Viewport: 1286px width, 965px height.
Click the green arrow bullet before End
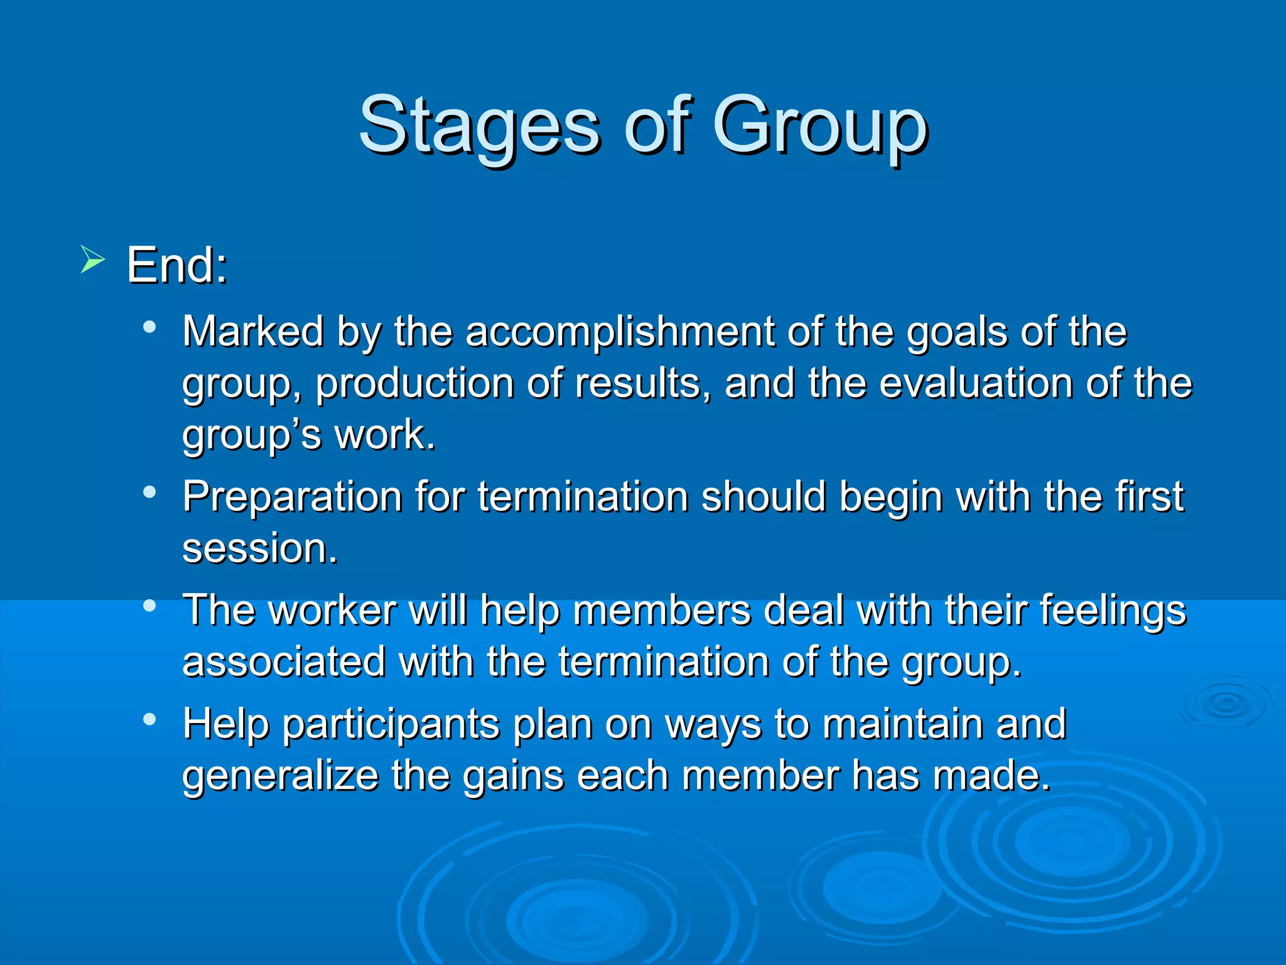click(92, 259)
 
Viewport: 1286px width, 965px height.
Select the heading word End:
click(177, 265)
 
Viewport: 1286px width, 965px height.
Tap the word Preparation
click(292, 496)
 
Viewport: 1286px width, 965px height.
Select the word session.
click(259, 548)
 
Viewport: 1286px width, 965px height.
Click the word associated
click(284, 662)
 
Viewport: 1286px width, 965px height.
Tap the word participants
click(391, 724)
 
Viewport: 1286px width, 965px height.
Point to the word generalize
click(280, 775)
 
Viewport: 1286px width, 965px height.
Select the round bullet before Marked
click(149, 327)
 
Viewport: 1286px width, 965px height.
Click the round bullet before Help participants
click(149, 719)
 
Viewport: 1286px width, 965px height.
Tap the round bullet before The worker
click(149, 606)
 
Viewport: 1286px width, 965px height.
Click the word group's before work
click(251, 435)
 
